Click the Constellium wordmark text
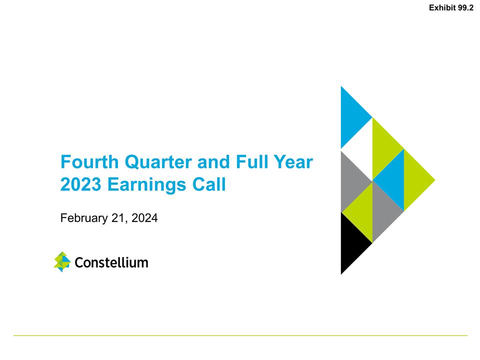point(111,262)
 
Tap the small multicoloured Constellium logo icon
point(62,262)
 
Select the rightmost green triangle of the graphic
point(415,179)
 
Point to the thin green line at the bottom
point(240,335)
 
